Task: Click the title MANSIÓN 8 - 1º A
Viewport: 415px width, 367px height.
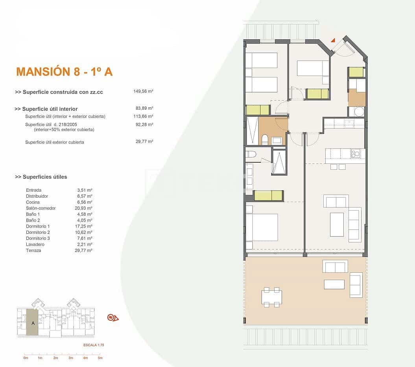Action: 65,72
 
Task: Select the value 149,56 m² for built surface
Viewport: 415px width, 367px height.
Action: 143,91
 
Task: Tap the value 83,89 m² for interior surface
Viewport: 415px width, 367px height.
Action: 144,108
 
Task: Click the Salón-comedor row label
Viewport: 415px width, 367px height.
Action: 41,208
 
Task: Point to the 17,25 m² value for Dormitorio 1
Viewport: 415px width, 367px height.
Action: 85,226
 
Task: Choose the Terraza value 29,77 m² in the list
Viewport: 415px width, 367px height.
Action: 85,250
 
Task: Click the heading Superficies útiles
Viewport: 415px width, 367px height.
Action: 41,177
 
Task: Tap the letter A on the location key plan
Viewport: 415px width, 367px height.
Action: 32,323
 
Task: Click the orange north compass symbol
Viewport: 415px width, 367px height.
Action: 113,317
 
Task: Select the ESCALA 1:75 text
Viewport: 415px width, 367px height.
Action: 93,345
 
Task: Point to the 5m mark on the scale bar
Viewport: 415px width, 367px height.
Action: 100,358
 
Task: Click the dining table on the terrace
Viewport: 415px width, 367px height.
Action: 271,297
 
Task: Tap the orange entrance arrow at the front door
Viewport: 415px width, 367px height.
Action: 333,40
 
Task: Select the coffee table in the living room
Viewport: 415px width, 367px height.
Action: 337,224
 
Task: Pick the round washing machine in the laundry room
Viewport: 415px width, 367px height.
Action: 359,112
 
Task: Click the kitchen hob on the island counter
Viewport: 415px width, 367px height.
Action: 356,153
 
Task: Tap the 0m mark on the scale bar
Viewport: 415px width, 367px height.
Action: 26,358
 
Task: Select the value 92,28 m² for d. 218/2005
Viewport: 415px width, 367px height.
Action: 144,125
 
